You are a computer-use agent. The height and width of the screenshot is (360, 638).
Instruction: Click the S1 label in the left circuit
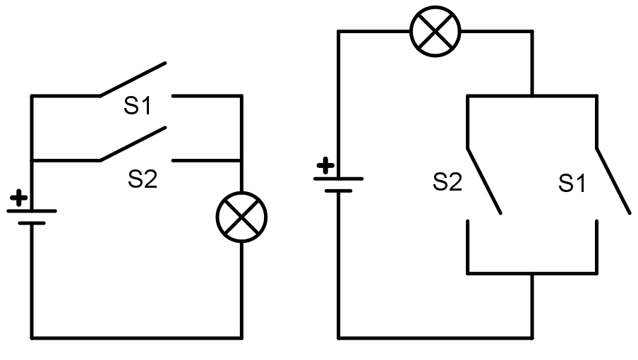pyautogui.click(x=138, y=107)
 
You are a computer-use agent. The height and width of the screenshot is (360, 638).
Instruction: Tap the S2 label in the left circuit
pyautogui.click(x=142, y=179)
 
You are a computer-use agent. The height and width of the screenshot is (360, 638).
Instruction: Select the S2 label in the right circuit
pyautogui.click(x=447, y=183)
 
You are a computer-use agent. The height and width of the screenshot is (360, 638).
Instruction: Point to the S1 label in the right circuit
pyautogui.click(x=572, y=184)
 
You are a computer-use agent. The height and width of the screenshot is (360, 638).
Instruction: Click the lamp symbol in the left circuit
pyautogui.click(x=241, y=217)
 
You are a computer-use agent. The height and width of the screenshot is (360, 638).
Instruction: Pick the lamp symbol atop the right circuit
pyautogui.click(x=435, y=30)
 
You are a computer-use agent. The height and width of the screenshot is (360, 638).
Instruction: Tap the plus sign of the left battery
pyautogui.click(x=19, y=198)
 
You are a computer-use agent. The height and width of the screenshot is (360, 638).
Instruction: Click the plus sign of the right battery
pyautogui.click(x=325, y=167)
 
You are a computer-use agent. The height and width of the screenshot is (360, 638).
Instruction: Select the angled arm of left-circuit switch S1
pyautogui.click(x=133, y=78)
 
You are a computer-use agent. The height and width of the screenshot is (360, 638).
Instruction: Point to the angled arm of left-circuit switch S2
pyautogui.click(x=133, y=144)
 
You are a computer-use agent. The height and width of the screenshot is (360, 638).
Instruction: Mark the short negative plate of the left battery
pyautogui.click(x=32, y=224)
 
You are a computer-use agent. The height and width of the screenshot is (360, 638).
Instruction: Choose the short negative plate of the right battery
pyautogui.click(x=339, y=191)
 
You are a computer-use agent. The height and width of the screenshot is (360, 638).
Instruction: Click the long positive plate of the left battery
pyautogui.click(x=32, y=210)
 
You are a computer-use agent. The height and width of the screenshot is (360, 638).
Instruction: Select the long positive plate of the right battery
pyautogui.click(x=339, y=179)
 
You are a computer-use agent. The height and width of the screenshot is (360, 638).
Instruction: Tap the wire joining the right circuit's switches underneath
pyautogui.click(x=532, y=272)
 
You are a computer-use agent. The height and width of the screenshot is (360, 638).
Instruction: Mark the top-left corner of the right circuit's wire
pyautogui.click(x=339, y=31)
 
